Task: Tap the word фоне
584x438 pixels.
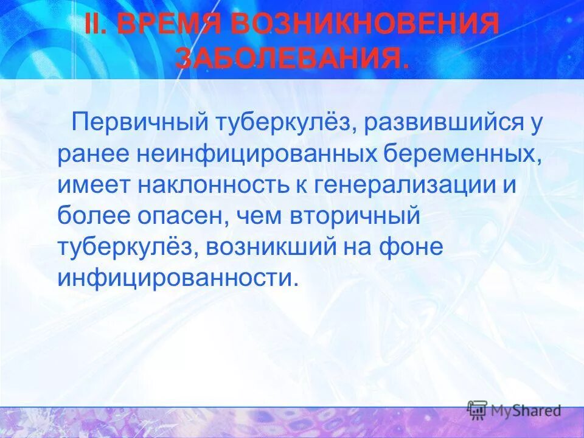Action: pyautogui.click(x=414, y=247)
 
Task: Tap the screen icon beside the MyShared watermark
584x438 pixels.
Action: pyautogui.click(x=478, y=410)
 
